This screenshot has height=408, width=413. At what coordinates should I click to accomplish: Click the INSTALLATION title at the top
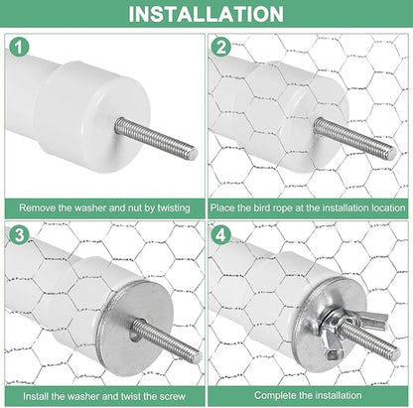[x=206, y=14]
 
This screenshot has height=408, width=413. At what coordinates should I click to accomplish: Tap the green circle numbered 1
[x=19, y=47]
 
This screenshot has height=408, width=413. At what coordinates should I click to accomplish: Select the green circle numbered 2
[x=221, y=47]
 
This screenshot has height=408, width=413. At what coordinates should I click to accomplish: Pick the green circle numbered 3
[x=19, y=235]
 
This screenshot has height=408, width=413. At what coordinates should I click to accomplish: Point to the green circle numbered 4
[x=221, y=235]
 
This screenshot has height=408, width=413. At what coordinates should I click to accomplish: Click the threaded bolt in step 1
[x=156, y=139]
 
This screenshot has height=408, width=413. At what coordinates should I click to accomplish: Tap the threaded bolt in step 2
[x=354, y=139]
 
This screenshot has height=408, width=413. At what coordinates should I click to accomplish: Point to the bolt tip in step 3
[x=198, y=356]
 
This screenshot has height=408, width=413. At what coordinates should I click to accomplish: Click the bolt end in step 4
[x=396, y=354]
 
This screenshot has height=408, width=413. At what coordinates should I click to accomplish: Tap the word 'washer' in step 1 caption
[x=90, y=208]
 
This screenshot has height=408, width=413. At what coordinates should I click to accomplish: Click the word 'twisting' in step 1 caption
[x=174, y=208]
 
